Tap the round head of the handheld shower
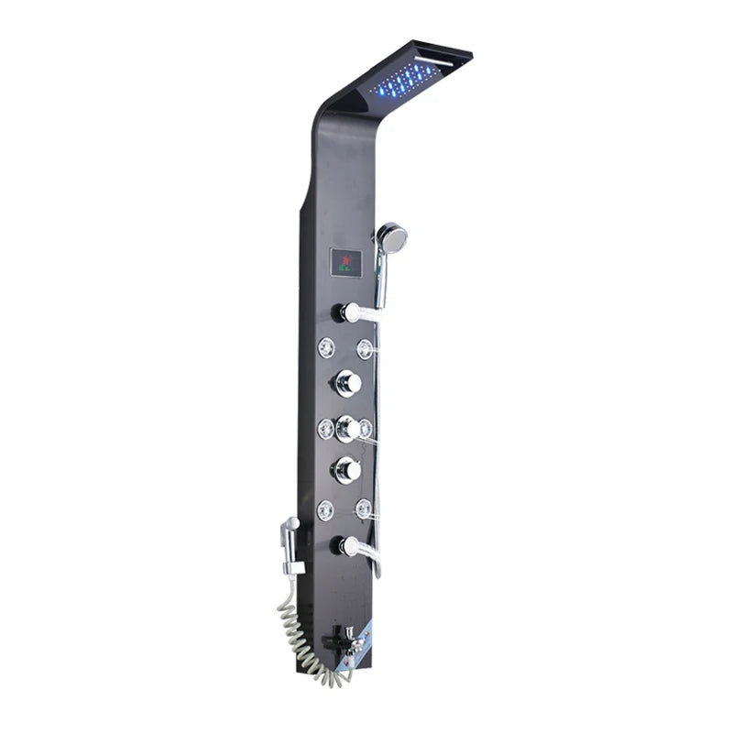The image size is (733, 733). click(x=391, y=238)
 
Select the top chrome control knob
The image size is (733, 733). click(x=346, y=382)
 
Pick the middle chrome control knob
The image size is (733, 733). click(x=346, y=427)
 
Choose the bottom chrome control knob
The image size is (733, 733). click(x=346, y=471)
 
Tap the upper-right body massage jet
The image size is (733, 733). click(x=366, y=348)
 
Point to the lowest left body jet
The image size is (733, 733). click(x=325, y=509)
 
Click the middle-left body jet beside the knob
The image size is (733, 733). click(x=325, y=427)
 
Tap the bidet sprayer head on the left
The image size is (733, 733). click(x=290, y=528)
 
